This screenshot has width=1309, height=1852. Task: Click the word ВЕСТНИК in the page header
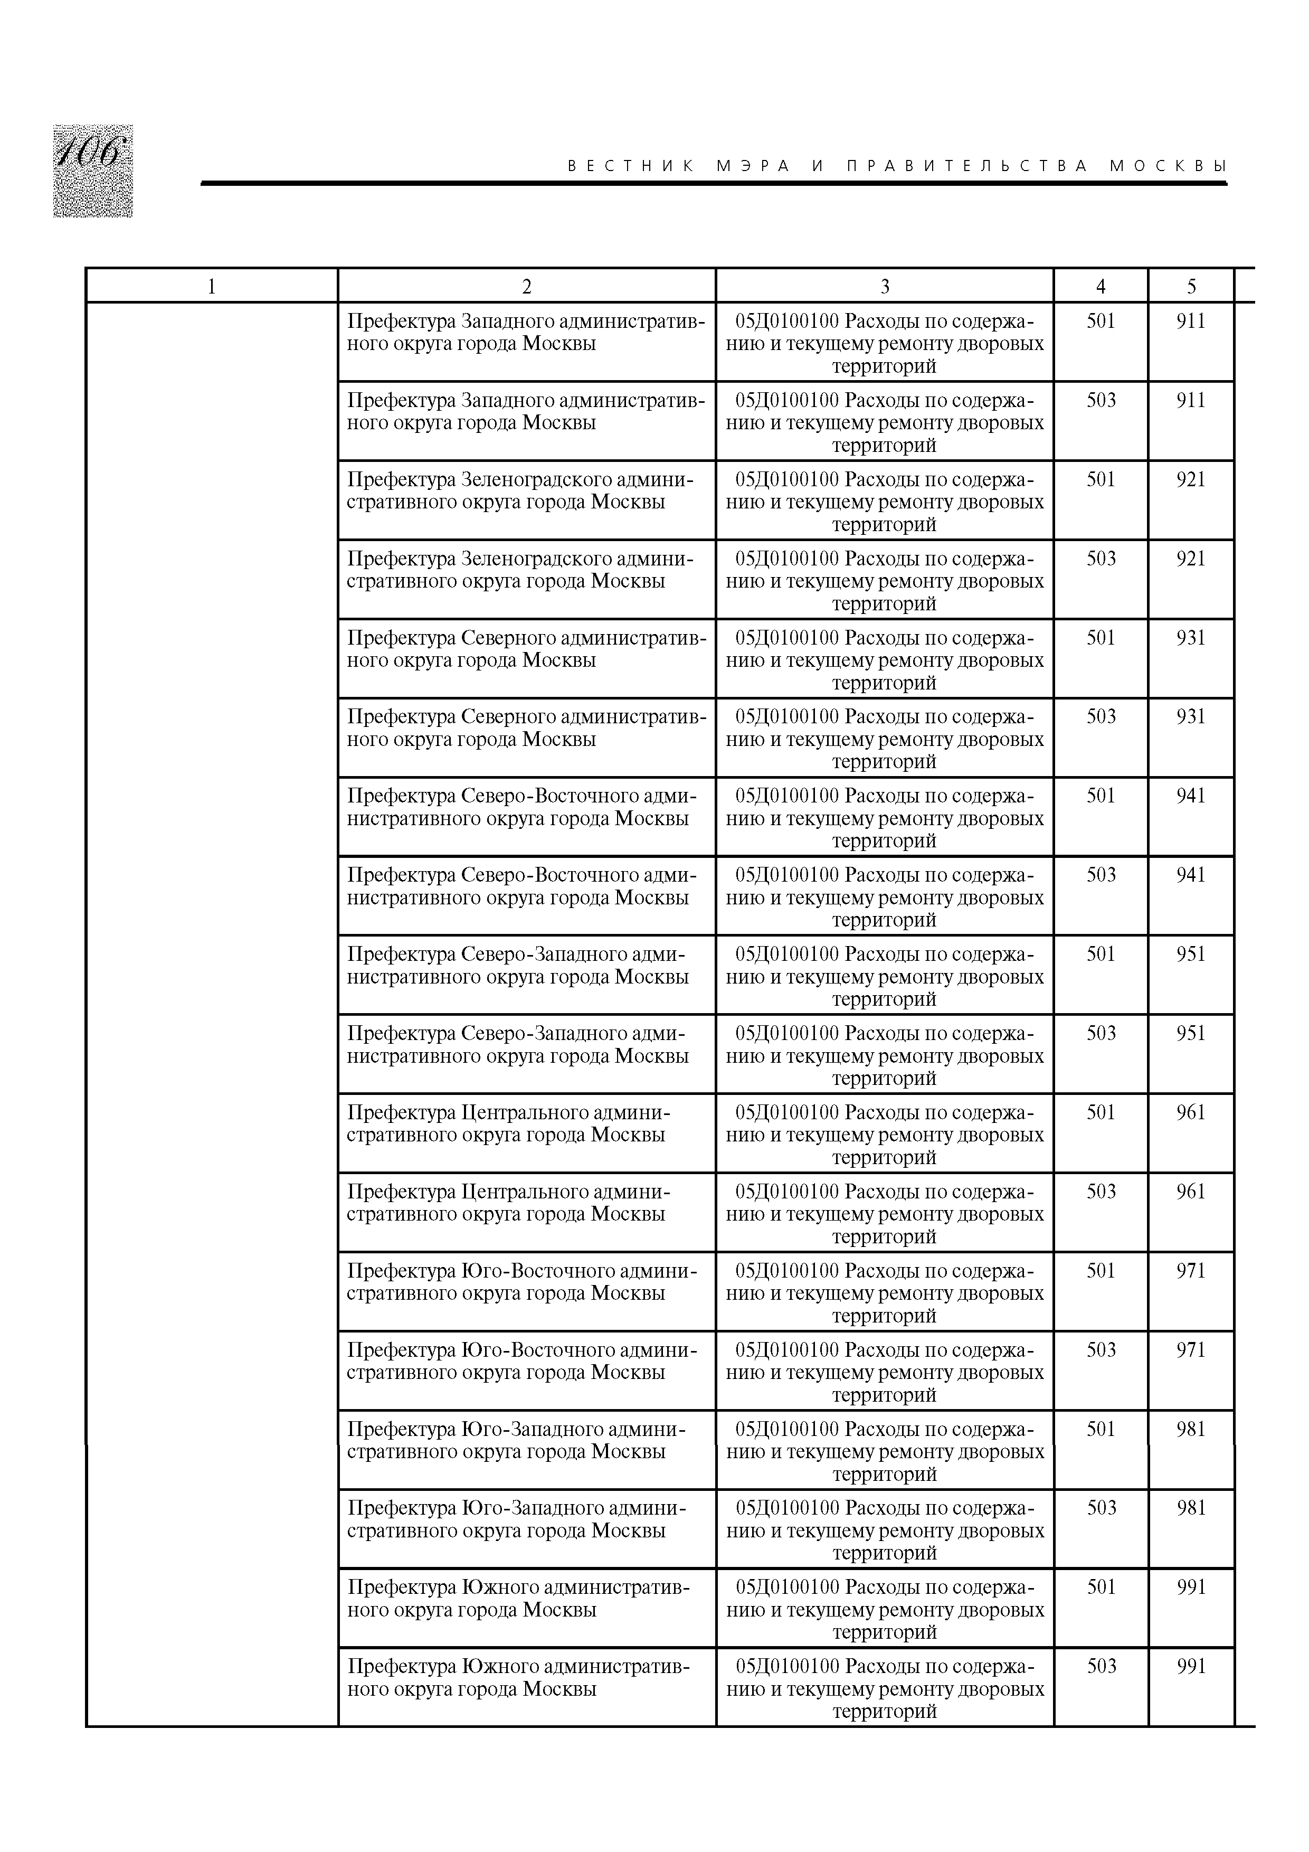pyautogui.click(x=631, y=166)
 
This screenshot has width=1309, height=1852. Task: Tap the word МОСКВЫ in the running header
pyautogui.click(x=1168, y=166)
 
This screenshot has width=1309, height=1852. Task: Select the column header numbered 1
pyautogui.click(x=211, y=286)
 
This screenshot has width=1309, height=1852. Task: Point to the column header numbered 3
pyautogui.click(x=885, y=286)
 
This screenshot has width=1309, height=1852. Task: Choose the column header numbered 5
pyautogui.click(x=1191, y=286)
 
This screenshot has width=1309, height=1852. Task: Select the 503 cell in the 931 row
pyautogui.click(x=1101, y=717)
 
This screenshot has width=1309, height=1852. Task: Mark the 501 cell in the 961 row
pyautogui.click(x=1101, y=1112)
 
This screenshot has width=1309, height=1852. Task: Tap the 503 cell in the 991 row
pyautogui.click(x=1102, y=1666)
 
